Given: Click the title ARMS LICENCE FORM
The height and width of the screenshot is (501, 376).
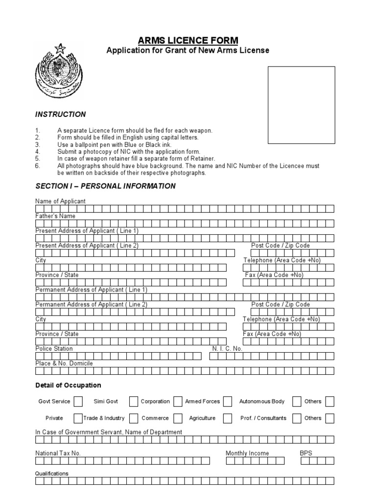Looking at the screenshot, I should (188, 40).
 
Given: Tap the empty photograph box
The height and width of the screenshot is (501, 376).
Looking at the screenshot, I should (301, 105).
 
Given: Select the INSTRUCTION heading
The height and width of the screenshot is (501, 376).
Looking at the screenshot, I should (60, 114).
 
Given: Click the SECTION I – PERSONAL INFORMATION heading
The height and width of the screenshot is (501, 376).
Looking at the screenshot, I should (105, 186).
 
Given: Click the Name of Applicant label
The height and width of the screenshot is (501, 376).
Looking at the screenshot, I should (60, 201).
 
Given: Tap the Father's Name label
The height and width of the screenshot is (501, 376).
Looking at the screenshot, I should (55, 216).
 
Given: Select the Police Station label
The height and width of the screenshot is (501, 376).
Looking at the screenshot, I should (54, 348).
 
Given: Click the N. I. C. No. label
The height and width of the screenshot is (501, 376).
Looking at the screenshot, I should (227, 348).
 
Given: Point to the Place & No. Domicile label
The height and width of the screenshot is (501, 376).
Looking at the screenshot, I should (64, 363).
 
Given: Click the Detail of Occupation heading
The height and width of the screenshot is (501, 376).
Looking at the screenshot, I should (68, 385).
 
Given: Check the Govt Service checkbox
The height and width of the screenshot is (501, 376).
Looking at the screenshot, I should (78, 402).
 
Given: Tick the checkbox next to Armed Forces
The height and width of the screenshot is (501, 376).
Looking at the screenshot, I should (228, 402).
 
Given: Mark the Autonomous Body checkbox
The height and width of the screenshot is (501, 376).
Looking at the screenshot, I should (297, 402).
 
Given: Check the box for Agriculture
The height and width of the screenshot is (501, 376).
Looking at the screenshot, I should (228, 418).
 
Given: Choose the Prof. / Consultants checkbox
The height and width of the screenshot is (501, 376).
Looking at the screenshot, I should (297, 418).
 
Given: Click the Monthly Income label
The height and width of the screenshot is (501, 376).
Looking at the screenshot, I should (247, 453).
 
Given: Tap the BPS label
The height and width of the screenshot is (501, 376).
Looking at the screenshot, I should (305, 453).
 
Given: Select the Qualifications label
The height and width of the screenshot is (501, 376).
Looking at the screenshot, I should (52, 474).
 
